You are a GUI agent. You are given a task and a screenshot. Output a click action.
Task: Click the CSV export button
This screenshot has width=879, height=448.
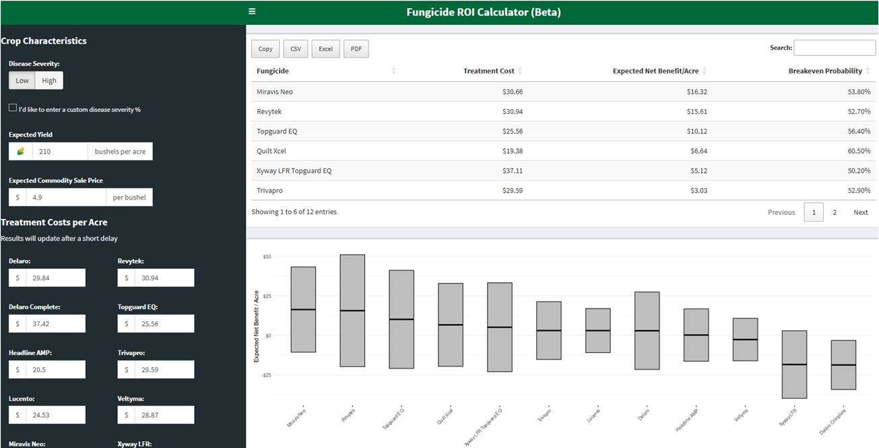click(296, 49)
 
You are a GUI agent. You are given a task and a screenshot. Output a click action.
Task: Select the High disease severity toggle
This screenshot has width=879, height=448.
click(49, 81)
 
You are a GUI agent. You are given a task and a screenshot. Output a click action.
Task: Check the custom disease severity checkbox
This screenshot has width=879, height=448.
click(13, 108)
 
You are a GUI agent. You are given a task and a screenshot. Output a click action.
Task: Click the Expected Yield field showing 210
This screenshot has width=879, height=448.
click(60, 152)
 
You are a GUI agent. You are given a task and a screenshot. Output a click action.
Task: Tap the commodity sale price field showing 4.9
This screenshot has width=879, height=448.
click(65, 197)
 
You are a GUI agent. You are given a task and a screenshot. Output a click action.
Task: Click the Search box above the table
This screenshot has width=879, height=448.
click(835, 48)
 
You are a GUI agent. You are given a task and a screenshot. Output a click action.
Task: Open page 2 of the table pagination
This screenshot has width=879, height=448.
click(835, 212)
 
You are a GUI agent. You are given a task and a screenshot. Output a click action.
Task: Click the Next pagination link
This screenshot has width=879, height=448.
click(860, 212)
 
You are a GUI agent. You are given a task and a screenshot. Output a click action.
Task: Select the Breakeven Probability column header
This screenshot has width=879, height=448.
click(825, 71)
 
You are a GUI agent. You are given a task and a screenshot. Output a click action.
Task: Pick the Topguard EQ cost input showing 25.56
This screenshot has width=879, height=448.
click(164, 323)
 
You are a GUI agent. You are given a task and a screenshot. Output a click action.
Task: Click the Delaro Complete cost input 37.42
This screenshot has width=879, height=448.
click(55, 323)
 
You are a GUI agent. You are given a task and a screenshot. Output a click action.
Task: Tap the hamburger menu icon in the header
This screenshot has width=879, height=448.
click(252, 11)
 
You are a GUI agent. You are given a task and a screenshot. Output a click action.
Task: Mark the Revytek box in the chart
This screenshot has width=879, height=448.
click(352, 311)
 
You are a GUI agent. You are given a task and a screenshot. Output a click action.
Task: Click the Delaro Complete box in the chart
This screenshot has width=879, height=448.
click(843, 364)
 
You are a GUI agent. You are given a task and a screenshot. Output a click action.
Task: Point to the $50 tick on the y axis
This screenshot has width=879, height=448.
click(267, 257)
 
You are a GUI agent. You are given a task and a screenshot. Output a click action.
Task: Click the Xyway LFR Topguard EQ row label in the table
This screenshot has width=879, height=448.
click(294, 170)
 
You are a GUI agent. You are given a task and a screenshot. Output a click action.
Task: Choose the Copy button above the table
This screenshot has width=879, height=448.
click(265, 49)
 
